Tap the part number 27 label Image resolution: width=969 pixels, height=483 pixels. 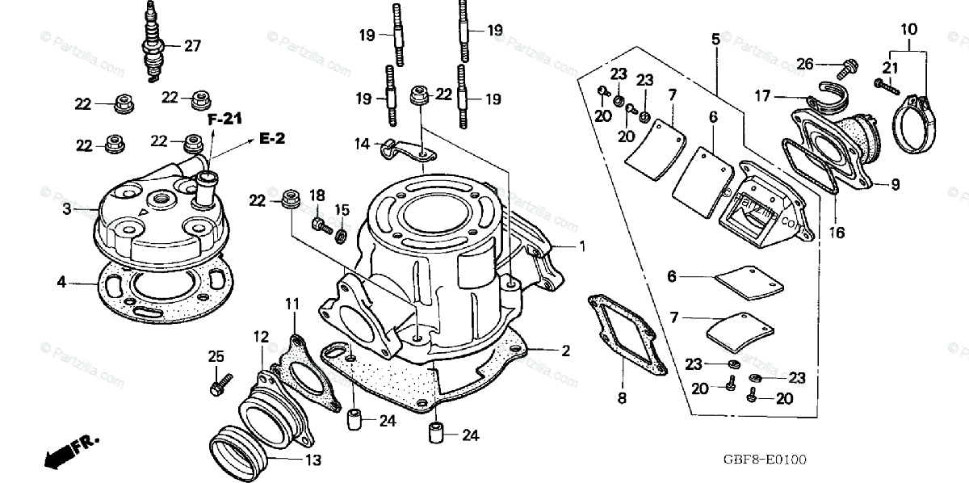click(192, 46)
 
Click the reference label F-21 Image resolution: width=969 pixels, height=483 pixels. click(225, 120)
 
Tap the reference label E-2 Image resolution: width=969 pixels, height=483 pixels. click(273, 139)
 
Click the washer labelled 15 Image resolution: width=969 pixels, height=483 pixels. click(341, 237)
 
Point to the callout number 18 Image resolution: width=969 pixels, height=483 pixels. click(317, 195)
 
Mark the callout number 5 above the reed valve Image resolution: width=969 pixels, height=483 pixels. click(715, 38)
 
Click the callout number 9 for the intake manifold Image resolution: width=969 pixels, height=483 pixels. click(895, 184)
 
